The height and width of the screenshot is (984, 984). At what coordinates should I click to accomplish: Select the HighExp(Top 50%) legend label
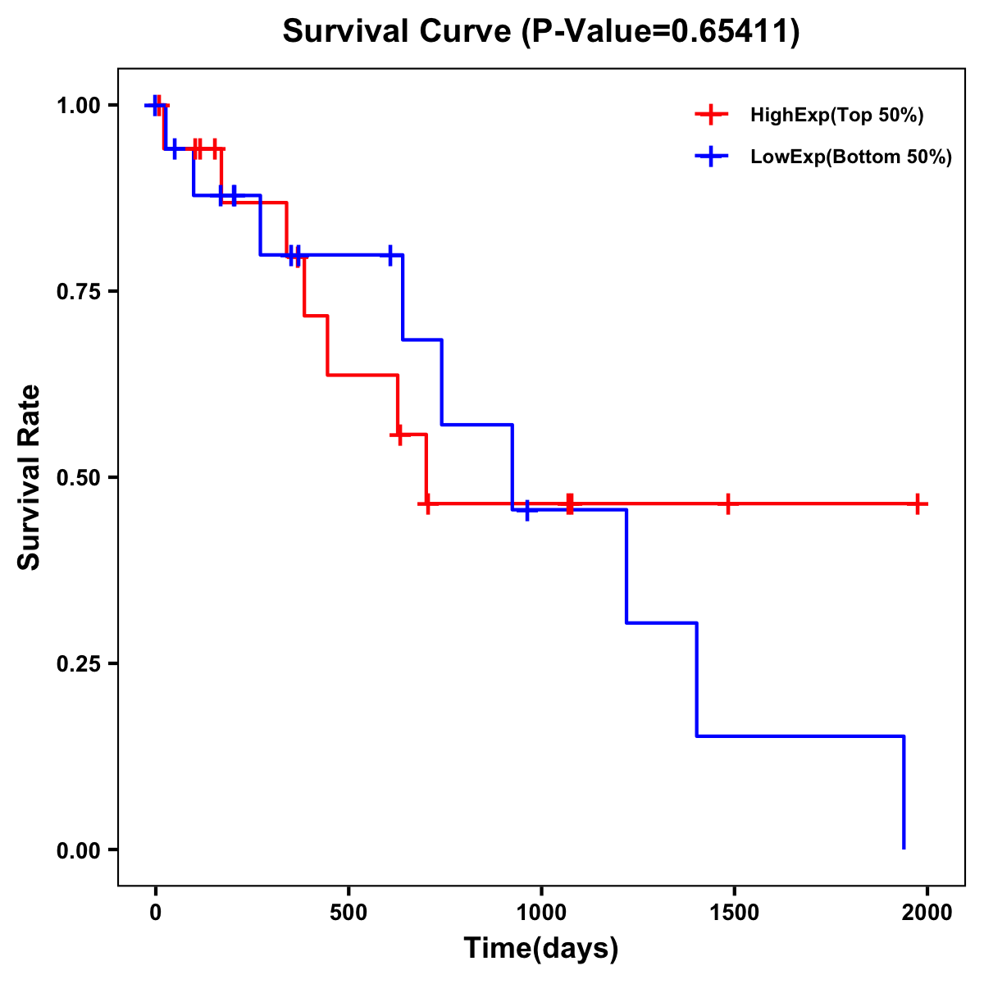click(836, 116)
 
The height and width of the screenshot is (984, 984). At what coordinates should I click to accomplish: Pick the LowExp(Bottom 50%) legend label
click(851, 157)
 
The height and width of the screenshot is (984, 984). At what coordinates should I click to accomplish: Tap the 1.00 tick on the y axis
click(78, 105)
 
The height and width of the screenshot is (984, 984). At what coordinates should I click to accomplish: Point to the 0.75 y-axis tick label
click(78, 291)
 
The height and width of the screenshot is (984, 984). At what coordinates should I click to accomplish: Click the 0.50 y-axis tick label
click(78, 477)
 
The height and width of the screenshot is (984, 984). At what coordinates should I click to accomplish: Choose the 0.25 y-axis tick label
click(78, 663)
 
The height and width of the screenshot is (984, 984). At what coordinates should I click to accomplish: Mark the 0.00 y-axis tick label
click(78, 850)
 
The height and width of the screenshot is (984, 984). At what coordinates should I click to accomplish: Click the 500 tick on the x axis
click(348, 912)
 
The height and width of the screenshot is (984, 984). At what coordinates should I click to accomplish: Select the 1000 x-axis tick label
click(541, 912)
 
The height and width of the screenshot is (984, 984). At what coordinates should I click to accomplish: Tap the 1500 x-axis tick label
click(734, 912)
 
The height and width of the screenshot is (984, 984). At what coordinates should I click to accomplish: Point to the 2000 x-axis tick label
click(927, 912)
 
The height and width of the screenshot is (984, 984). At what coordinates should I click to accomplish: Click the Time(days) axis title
click(541, 949)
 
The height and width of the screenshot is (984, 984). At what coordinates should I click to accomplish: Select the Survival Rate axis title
click(30, 477)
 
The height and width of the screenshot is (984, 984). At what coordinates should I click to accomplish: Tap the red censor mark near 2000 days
click(918, 504)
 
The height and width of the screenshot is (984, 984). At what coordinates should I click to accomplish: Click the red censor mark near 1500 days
click(727, 504)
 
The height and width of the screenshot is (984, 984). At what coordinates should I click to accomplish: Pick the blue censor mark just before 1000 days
click(527, 510)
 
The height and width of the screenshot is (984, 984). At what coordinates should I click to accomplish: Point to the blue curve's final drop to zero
click(904, 792)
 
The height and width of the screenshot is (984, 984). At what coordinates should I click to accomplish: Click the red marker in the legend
click(711, 116)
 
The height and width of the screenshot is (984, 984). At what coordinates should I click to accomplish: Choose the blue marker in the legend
click(711, 157)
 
